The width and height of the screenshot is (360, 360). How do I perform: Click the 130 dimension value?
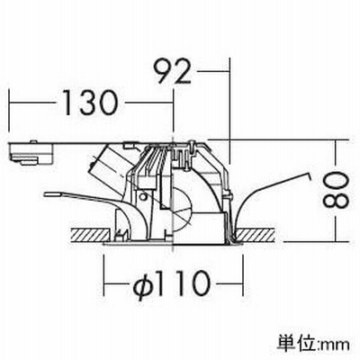(89, 103)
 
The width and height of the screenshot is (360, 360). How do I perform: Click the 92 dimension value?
(174, 71)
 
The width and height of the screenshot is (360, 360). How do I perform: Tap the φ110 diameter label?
(171, 283)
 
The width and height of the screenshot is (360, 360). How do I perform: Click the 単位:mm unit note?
(313, 343)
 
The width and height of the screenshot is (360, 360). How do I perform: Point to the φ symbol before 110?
(142, 284)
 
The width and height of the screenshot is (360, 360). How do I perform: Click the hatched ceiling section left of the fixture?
(89, 235)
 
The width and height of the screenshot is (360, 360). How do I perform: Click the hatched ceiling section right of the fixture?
(256, 235)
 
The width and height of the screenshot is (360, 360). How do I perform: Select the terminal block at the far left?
(31, 152)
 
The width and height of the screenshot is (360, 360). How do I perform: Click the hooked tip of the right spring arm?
(310, 175)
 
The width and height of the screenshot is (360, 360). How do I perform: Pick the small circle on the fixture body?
(143, 197)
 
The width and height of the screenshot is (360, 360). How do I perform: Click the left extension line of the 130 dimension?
(9, 111)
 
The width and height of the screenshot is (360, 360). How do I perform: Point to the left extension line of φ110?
(104, 274)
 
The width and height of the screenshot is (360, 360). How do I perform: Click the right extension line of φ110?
(242, 274)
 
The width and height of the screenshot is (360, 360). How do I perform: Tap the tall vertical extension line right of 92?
(229, 111)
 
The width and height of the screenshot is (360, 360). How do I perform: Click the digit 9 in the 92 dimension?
(165, 71)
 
